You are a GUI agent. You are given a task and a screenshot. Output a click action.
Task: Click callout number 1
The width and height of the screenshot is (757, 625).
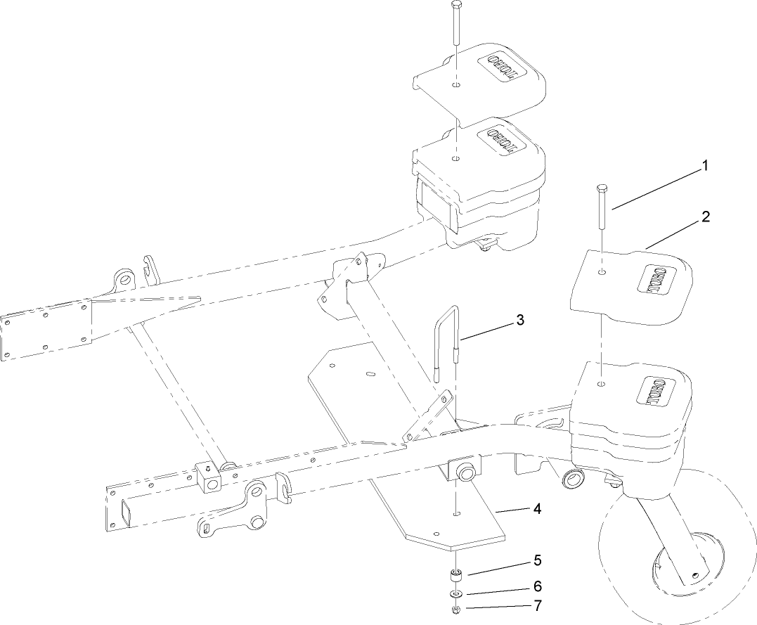coord(704,167)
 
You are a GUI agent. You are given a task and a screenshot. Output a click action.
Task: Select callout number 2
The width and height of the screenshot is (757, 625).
coord(704,217)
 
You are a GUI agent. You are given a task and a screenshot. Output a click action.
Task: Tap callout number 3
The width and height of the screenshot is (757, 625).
coord(520,320)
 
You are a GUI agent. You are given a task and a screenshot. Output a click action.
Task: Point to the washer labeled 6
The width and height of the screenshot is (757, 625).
coord(455,594)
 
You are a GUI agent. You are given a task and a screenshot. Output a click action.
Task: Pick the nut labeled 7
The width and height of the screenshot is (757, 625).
coord(455,608)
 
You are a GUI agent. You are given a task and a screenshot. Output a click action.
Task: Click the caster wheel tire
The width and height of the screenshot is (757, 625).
coord(633,555)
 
